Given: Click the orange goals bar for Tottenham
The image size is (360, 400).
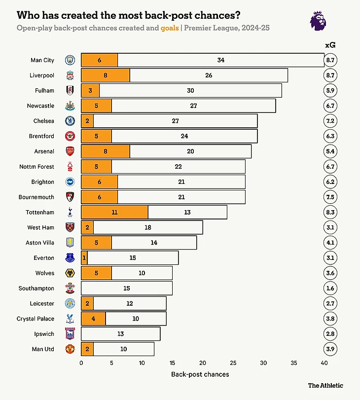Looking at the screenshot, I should (114, 213).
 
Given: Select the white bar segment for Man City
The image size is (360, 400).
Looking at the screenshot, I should (220, 60).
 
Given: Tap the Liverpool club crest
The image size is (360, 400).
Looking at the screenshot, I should (70, 75).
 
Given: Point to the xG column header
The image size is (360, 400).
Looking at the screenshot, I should (330, 45).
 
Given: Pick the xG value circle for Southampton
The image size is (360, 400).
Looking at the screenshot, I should (330, 289).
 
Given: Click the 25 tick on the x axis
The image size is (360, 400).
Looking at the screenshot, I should (233, 363).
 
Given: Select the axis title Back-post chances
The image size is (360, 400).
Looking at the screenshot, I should (200, 374).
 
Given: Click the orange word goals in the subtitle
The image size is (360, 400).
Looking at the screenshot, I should (170, 28).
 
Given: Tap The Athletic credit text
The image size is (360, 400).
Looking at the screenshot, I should (325, 386).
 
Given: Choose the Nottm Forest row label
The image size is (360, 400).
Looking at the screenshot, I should (37, 167).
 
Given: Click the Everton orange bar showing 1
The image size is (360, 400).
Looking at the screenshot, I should (84, 258).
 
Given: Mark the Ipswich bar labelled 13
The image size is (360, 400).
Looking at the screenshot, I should (120, 334).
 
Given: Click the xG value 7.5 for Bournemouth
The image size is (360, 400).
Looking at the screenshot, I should (330, 197).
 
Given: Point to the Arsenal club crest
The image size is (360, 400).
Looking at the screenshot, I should (70, 151).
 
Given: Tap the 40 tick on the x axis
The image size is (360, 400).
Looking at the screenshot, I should (324, 363).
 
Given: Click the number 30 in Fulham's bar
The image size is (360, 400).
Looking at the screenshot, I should (190, 91).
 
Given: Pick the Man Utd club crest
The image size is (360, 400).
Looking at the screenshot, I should (70, 349).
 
